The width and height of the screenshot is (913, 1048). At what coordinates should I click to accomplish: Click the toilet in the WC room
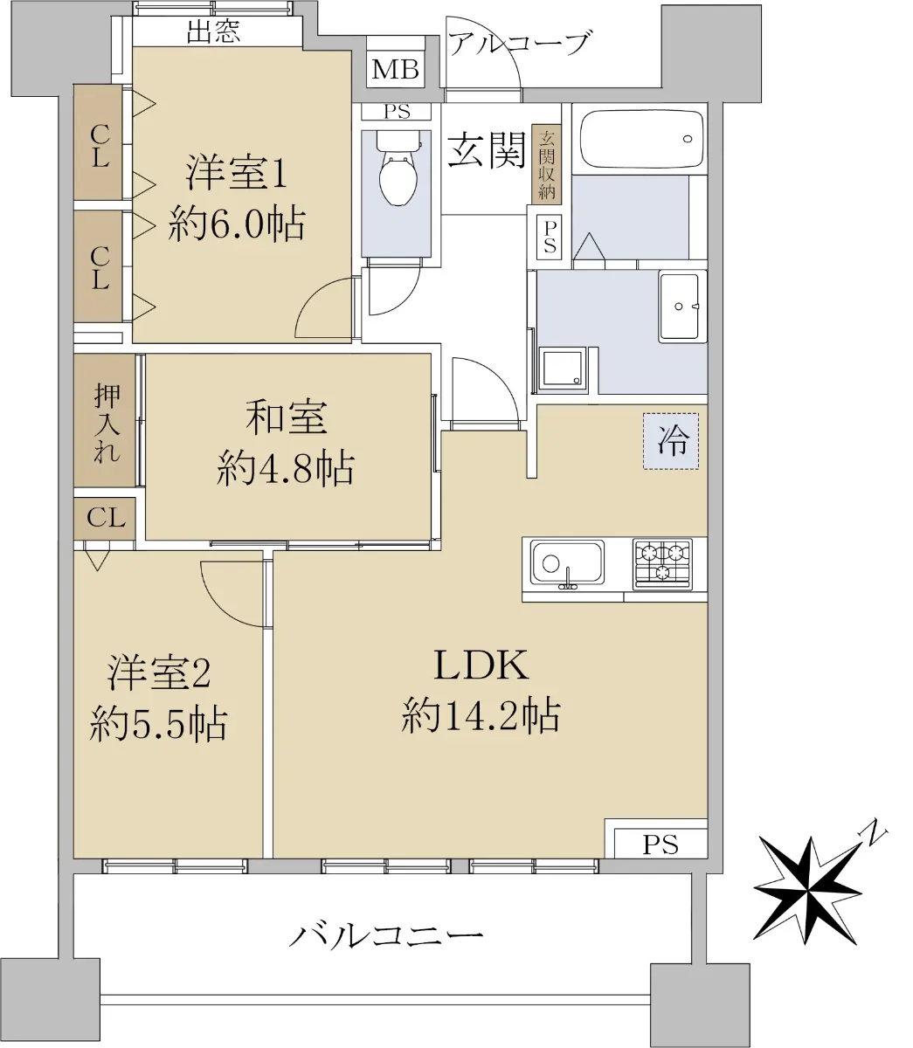[398, 168]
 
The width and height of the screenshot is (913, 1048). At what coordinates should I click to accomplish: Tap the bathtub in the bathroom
[642, 139]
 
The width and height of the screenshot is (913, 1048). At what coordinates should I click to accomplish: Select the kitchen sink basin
[567, 563]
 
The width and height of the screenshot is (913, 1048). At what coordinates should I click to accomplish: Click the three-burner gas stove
[662, 563]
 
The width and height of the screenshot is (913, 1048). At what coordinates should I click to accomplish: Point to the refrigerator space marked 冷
[671, 441]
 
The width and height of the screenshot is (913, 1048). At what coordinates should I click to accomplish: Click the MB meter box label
[396, 69]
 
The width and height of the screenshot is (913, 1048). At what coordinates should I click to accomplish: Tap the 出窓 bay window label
[212, 31]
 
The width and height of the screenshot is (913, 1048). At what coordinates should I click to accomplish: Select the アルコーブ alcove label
[520, 43]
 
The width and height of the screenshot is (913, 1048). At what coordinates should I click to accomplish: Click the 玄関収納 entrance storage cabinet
[547, 164]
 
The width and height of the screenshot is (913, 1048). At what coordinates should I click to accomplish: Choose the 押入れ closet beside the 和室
[105, 420]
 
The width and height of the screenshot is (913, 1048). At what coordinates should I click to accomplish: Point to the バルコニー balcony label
[387, 935]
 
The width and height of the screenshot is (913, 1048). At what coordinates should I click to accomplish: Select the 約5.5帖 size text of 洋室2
[158, 723]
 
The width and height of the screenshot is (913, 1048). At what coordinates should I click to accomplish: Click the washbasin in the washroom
[680, 307]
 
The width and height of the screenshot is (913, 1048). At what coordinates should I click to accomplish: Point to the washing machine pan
[563, 367]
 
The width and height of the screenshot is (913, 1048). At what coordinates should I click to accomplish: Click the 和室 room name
[286, 417]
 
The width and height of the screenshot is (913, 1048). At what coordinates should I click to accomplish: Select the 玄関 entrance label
[487, 149]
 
